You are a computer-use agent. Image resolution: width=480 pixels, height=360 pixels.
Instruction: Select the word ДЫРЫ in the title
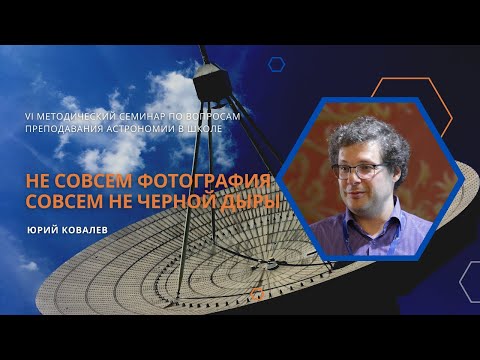tap(249, 203)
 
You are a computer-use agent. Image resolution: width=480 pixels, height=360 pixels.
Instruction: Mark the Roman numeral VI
tap(31, 117)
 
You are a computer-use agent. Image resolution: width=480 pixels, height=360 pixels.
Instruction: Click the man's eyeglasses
tap(361, 169)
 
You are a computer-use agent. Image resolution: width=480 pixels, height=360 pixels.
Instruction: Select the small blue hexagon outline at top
tap(277, 64)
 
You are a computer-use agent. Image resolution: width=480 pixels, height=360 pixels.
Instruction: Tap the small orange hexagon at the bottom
tap(258, 295)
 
